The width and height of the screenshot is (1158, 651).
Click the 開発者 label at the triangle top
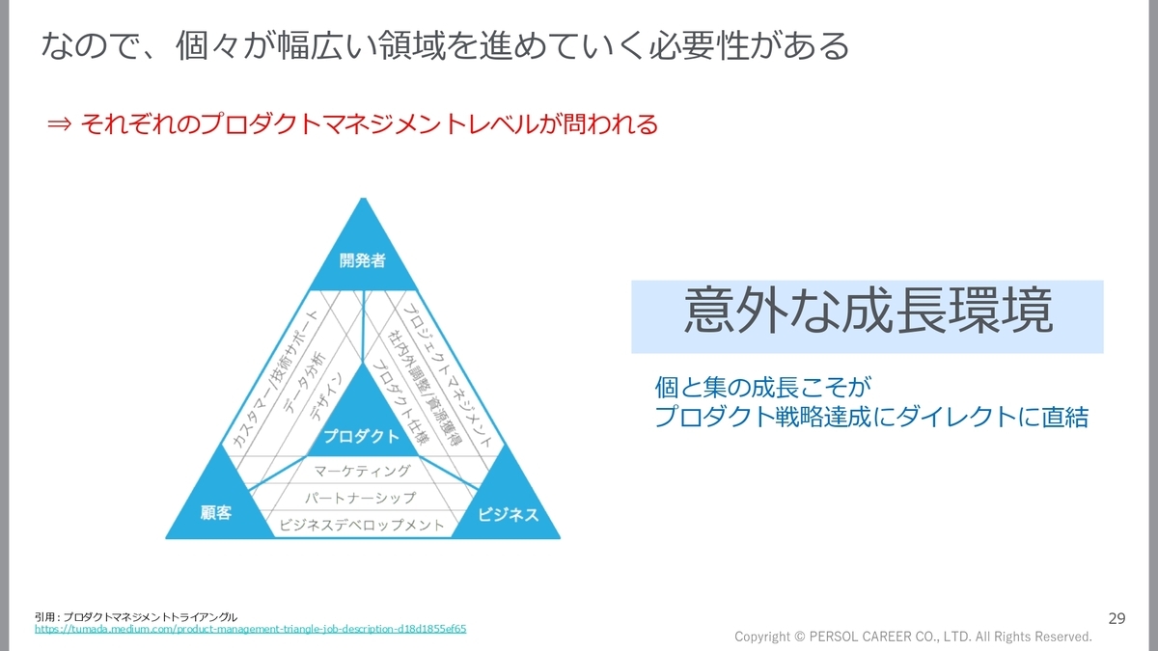pos(363,260)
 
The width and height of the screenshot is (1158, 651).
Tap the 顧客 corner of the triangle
pos(215,513)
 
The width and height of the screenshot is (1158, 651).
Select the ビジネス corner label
pos(509,514)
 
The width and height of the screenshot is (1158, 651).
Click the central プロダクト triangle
pos(362,436)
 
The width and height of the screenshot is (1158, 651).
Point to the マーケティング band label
pos(363,471)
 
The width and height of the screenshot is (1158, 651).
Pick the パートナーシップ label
pos(360,498)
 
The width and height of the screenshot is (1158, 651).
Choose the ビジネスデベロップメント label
pos(362,526)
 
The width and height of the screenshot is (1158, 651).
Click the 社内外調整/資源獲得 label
pos(425,387)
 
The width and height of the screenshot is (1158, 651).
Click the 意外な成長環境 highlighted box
pos(867,316)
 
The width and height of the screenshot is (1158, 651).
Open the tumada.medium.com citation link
pos(250,628)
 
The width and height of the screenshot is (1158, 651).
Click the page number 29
pos(1117,617)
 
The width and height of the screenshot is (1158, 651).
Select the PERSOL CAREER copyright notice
pos(913,637)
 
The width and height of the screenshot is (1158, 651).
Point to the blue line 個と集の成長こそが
pos(762,389)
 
